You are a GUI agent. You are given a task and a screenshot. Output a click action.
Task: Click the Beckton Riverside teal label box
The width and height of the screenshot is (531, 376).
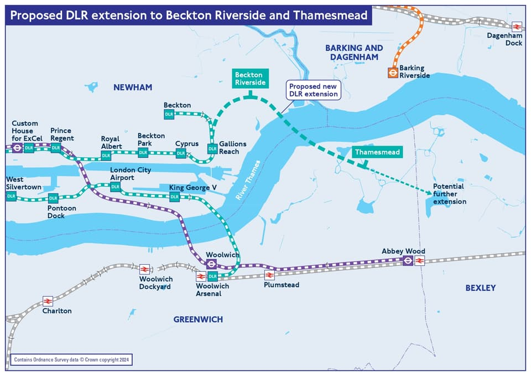pos(251,79)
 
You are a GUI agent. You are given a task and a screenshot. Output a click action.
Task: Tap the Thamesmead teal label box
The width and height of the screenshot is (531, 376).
pos(378,152)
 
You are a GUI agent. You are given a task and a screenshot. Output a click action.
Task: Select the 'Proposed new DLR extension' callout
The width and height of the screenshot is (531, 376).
pos(314,90)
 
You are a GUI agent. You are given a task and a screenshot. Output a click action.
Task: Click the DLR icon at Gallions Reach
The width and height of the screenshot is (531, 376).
pos(212,148)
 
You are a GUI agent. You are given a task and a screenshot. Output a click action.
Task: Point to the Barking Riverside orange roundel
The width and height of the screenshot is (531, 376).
pos(392,72)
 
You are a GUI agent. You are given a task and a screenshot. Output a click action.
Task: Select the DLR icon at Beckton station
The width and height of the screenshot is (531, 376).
pos(169,114)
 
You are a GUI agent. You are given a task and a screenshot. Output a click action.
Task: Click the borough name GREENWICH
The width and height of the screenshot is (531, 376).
pos(198,320)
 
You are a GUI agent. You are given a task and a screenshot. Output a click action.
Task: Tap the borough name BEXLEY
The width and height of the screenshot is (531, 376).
pos(480,288)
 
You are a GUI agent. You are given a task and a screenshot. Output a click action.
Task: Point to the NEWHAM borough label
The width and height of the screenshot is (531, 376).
pos(132,87)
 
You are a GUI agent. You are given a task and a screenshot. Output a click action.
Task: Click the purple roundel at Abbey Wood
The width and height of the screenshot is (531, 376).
pos(408,260)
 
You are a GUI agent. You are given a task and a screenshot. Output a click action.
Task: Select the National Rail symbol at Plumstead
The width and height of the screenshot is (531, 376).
pos(269,275)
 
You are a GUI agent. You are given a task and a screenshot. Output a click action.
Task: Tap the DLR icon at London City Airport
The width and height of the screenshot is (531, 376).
pos(115,187)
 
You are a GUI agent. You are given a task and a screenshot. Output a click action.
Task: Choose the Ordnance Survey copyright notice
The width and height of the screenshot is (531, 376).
pos(70,359)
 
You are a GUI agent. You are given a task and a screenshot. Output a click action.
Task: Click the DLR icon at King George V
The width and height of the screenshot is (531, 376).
pos(174,197)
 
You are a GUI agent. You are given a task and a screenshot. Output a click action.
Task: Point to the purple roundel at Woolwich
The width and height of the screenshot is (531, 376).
pos(210,265)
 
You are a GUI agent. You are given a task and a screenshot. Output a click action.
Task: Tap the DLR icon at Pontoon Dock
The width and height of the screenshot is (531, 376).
pos(53,198)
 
